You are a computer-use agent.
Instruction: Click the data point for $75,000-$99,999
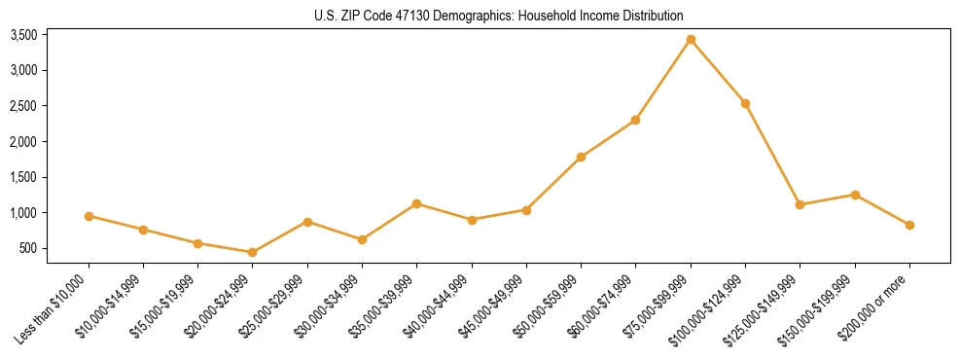(691, 40)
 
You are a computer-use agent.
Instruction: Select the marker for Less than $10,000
(89, 216)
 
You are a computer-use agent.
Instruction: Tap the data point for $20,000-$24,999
(253, 252)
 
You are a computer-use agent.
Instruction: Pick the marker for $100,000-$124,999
(745, 103)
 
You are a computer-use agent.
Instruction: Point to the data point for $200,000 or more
(909, 225)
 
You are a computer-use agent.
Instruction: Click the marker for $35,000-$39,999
(416, 203)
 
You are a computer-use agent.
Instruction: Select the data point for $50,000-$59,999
(581, 157)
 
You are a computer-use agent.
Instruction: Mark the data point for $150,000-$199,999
(855, 195)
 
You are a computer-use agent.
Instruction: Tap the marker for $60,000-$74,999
(635, 120)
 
